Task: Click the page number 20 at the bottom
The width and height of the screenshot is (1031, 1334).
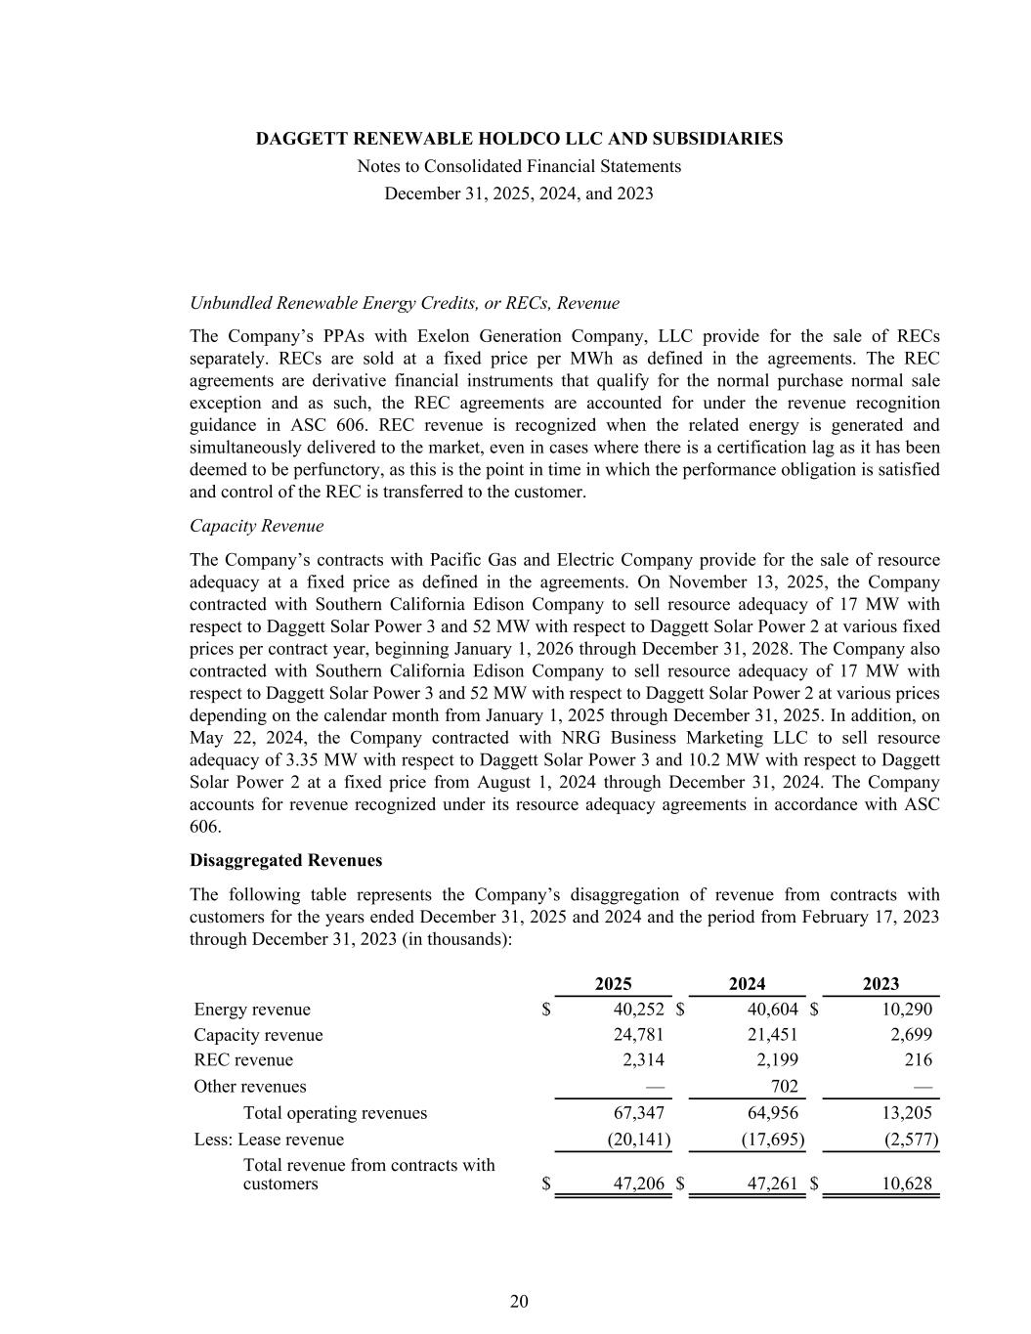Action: coord(519,1301)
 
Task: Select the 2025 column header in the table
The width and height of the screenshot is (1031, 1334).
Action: coord(613,984)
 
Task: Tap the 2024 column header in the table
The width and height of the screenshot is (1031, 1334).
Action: coord(747,984)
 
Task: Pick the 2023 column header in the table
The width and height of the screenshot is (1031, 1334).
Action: coord(881,984)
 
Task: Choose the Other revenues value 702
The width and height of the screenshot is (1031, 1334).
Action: coord(784,1087)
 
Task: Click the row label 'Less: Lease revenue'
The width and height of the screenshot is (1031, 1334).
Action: coord(269,1140)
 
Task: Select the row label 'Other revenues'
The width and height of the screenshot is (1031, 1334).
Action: coord(250,1087)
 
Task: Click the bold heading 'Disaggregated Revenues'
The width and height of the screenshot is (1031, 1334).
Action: coord(285,860)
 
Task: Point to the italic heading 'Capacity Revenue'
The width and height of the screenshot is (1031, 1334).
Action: coord(256,526)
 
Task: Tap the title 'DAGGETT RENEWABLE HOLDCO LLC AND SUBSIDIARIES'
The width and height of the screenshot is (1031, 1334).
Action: coord(519,139)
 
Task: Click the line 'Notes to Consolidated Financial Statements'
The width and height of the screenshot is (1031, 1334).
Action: coord(519,166)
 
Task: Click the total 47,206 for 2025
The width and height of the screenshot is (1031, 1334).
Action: coord(639,1184)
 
